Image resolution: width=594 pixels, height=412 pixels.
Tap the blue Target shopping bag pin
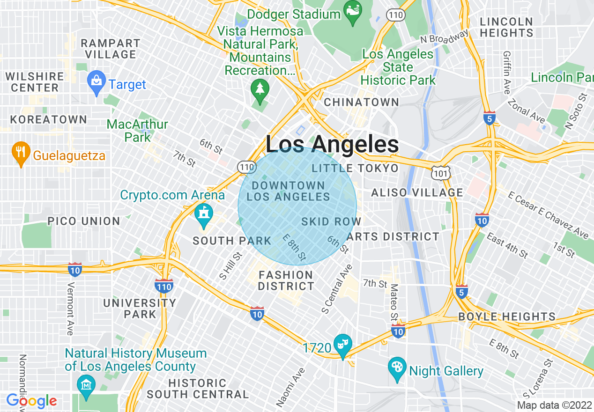click(x=97, y=81)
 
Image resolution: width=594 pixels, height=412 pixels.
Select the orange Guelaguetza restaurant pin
click(x=20, y=152)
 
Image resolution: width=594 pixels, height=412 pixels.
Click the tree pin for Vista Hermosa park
click(x=259, y=89)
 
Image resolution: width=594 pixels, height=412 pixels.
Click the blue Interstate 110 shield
click(x=163, y=285)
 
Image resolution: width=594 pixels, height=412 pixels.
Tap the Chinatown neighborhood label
click(x=361, y=102)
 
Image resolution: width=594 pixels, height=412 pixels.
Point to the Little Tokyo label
click(x=355, y=168)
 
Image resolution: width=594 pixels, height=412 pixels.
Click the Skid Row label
click(x=331, y=221)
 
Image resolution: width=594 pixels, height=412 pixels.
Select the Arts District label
click(x=394, y=236)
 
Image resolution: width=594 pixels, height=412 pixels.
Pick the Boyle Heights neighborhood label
click(x=507, y=316)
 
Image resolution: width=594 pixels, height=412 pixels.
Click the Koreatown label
click(x=49, y=119)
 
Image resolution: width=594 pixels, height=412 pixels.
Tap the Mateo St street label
click(x=394, y=302)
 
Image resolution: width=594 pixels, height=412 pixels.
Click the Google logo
click(x=31, y=401)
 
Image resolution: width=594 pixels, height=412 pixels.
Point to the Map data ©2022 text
click(x=554, y=405)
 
